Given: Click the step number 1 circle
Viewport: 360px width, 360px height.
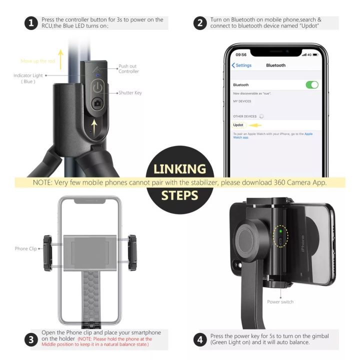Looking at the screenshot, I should click(x=31, y=23).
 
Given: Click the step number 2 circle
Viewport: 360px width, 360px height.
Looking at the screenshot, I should click(x=200, y=23).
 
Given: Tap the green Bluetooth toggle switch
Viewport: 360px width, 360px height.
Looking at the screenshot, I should click(x=312, y=85).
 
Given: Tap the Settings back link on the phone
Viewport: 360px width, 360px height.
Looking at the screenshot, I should click(x=242, y=65).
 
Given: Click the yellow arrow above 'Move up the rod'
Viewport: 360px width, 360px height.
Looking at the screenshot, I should click(x=60, y=58).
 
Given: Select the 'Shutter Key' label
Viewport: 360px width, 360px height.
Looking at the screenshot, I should click(x=131, y=93).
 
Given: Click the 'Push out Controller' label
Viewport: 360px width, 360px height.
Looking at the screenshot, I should click(x=128, y=69).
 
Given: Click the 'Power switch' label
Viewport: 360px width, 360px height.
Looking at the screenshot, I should click(x=280, y=302).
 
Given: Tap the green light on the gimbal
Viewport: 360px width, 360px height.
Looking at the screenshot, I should click(x=281, y=231).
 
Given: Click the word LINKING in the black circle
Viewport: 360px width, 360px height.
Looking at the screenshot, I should click(x=180, y=169).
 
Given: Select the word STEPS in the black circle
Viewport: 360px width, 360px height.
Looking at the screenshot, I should click(x=180, y=195).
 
